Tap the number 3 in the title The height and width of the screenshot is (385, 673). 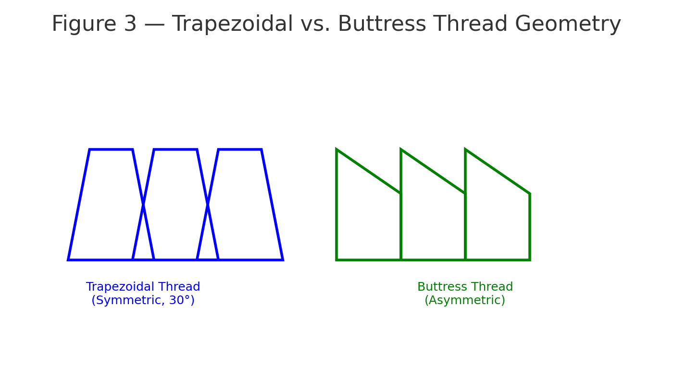pos(130,25)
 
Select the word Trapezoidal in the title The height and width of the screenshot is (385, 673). pos(233,25)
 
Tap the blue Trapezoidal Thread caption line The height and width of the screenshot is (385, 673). pos(143,287)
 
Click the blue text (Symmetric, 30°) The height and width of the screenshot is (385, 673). pos(143,301)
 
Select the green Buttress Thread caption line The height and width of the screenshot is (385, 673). pos(465,287)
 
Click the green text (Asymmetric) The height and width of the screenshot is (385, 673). pos(465,301)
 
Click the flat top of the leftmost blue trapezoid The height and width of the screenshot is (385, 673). pos(111,150)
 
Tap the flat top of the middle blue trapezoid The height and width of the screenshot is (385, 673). pos(175,150)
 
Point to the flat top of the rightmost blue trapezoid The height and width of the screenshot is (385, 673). pos(240,150)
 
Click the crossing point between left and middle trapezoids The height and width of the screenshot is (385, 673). pos(143,205)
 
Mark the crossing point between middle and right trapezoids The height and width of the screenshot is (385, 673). pos(208,205)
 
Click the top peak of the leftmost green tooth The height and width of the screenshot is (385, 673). pos(337,150)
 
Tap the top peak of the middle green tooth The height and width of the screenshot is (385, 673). pos(401,150)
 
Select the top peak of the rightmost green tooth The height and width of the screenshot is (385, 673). pos(465,150)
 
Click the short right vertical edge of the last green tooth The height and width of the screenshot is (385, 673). pos(529,227)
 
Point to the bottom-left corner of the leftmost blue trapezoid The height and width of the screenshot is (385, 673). pos(69,259)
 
